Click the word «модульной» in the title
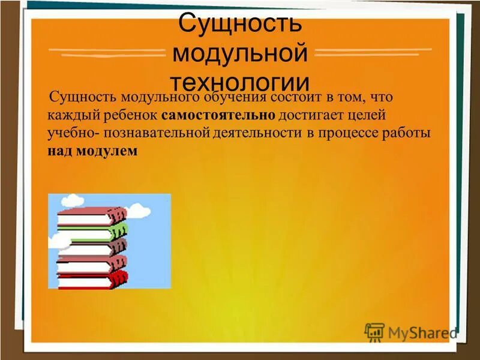pos(240,53)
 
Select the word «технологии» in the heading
pos(240,82)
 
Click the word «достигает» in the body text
pos(307,115)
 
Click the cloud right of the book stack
pos(139,210)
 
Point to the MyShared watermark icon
pos(374,331)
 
